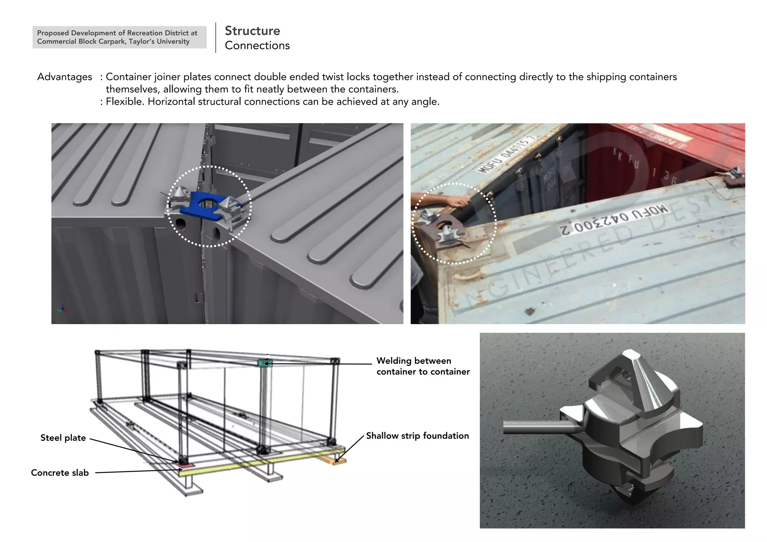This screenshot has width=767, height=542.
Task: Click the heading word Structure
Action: (252, 31)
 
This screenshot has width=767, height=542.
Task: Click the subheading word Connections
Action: (257, 46)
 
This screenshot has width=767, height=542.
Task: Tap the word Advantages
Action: (64, 77)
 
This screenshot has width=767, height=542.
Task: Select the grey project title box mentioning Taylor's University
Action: (119, 37)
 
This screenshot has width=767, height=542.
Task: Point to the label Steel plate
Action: (63, 438)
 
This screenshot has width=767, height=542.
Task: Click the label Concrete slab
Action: (60, 473)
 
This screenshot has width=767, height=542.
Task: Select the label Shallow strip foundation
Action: (417, 436)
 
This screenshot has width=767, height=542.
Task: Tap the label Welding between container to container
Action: (423, 366)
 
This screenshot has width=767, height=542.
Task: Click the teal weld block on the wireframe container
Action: (265, 363)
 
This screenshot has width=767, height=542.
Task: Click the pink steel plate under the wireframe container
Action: (185, 465)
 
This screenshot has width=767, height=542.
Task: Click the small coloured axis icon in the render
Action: (63, 309)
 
